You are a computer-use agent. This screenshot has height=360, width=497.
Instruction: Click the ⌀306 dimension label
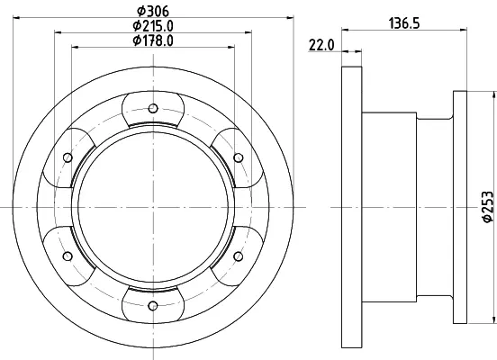tap(153, 12)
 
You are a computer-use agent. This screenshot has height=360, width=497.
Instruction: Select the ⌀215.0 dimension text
tap(153, 26)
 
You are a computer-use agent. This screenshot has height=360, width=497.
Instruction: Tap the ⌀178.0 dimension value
tap(153, 40)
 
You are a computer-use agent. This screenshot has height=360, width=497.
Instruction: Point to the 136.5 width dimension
tap(404, 23)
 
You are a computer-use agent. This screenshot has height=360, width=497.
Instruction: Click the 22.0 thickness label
tap(321, 45)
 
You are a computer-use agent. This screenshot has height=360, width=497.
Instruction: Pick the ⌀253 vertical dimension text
tap(488, 207)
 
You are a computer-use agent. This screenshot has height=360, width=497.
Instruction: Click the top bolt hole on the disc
tap(153, 108)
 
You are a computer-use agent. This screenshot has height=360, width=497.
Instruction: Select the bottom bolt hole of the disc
tap(153, 306)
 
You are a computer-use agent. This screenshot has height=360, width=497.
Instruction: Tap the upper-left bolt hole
tap(68, 157)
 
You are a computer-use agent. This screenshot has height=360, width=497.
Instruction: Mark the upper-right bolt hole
tap(239, 157)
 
